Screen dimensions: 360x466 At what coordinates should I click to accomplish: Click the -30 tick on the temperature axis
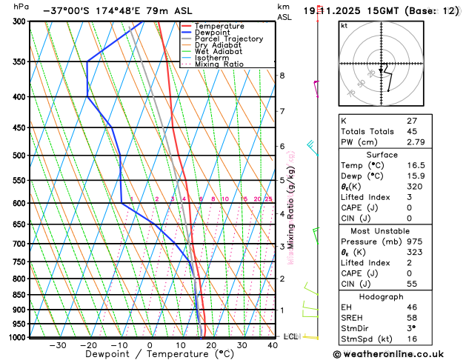(x=57, y=344)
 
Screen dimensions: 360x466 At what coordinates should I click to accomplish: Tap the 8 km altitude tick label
(x=282, y=76)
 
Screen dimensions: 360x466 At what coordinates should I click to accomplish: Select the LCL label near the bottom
(x=290, y=336)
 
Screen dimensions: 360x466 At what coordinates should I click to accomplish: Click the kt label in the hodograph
(x=344, y=25)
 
